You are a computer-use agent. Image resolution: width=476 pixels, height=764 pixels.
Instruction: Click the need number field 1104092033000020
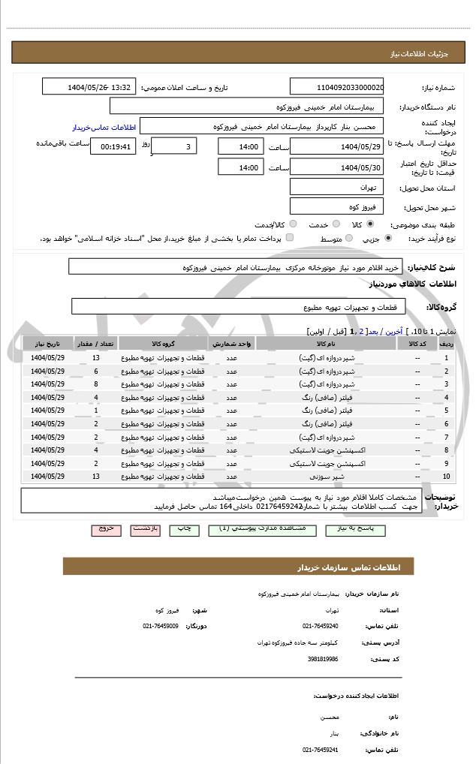(336, 87)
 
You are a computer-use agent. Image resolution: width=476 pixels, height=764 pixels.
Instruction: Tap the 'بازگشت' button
(145, 529)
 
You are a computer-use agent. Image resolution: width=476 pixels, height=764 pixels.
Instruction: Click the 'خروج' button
(106, 529)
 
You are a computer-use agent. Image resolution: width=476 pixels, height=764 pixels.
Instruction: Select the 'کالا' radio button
(370, 224)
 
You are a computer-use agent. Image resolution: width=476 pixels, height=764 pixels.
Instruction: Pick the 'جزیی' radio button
(388, 239)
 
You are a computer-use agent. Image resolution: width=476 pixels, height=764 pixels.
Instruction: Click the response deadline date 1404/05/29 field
(336, 146)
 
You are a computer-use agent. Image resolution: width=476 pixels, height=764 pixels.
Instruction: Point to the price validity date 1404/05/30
(336, 168)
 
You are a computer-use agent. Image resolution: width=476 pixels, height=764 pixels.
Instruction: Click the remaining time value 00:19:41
(113, 146)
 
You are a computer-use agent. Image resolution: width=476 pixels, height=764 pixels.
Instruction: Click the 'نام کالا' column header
(327, 343)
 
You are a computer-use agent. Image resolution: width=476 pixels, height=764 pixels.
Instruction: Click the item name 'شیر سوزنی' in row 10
(328, 477)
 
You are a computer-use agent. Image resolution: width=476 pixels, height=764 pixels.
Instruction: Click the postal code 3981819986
(323, 659)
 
